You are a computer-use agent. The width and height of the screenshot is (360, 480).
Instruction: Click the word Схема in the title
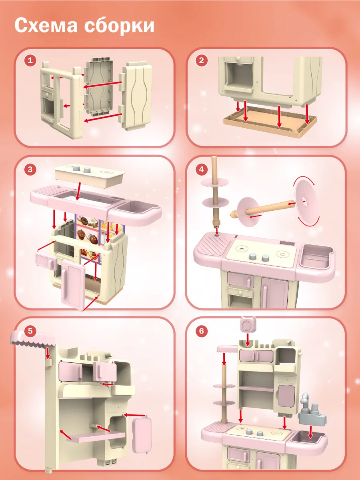[46, 26]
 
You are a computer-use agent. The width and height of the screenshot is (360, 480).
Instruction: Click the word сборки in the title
[119, 25]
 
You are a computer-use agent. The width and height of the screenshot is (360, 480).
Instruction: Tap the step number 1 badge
[30, 60]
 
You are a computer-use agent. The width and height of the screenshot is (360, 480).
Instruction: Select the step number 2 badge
[201, 60]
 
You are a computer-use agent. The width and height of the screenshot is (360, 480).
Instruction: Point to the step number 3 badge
[30, 169]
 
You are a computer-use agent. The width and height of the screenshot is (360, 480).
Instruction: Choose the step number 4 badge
[201, 169]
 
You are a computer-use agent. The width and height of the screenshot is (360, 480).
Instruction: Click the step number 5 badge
[30, 331]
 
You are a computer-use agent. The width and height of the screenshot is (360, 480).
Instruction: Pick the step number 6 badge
[201, 331]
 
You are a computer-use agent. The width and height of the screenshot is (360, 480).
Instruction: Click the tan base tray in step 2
[270, 122]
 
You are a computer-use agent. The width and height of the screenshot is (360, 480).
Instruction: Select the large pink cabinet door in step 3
[73, 285]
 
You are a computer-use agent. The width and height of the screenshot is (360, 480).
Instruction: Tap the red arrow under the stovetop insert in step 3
[78, 191]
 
